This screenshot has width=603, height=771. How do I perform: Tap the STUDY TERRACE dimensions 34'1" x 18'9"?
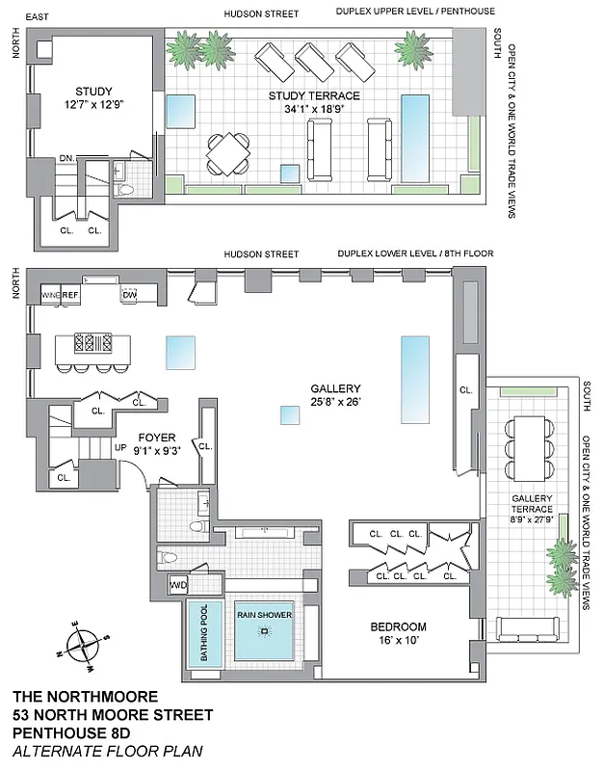(x=313, y=109)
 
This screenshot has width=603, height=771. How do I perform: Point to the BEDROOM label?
(x=398, y=626)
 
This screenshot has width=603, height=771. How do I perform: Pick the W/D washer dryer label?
(x=177, y=585)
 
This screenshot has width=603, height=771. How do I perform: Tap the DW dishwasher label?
(x=129, y=295)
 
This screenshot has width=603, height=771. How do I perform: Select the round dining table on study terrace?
(x=228, y=150)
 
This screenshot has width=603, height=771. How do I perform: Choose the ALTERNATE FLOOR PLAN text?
(x=108, y=751)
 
